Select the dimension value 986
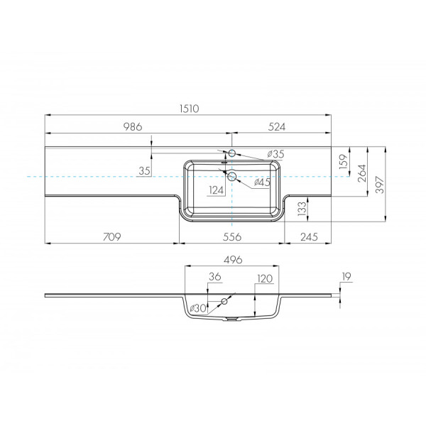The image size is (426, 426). click(133, 127)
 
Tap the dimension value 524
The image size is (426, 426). click(276, 127)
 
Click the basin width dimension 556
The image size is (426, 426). click(232, 236)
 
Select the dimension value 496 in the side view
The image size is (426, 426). click(232, 260)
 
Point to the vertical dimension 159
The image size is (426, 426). click(342, 160)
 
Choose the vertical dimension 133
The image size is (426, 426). click(301, 207)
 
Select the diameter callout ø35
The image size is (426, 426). click(275, 154)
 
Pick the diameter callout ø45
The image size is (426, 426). click(262, 182)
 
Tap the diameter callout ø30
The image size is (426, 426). click(198, 308)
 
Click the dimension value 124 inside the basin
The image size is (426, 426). click(217, 190)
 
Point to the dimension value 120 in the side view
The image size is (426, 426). click(264, 279)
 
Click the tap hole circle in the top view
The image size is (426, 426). click(231, 153)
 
